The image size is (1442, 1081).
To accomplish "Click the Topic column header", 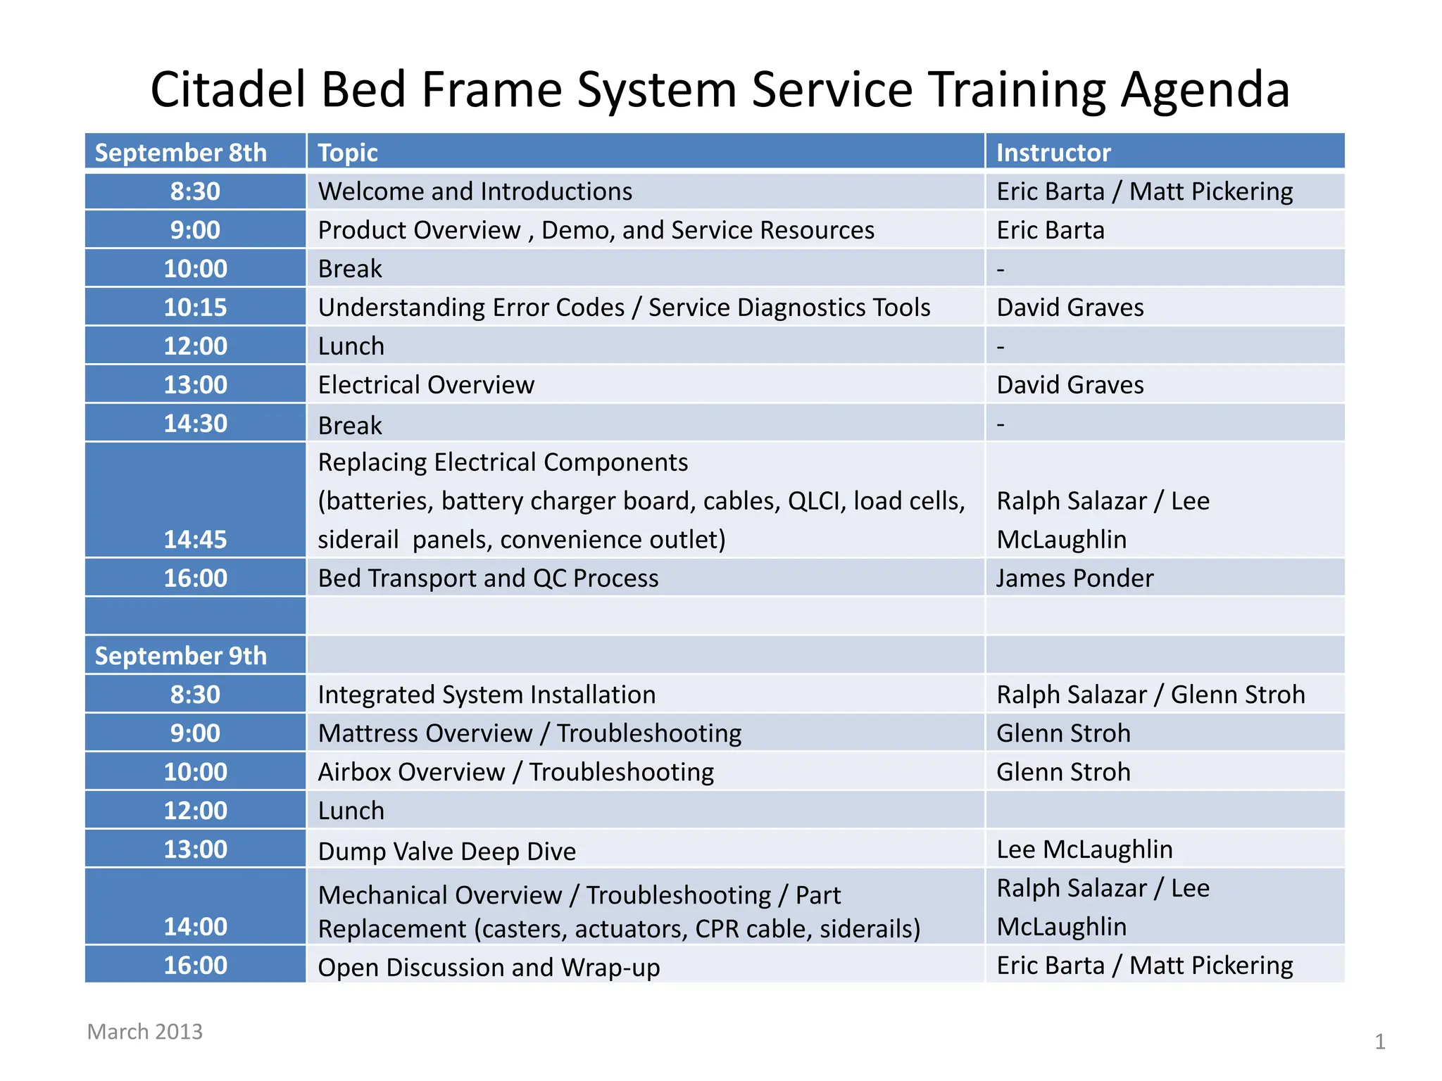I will [x=348, y=153].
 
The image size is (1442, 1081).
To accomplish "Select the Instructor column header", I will [x=1053, y=153].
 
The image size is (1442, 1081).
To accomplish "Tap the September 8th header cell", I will [x=181, y=153].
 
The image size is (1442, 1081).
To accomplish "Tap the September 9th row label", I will [x=181, y=656].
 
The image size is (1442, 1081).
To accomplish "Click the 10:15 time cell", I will [x=195, y=308].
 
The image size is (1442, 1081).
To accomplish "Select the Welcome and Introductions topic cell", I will [x=475, y=191].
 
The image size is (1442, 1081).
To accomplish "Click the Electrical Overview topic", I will [x=426, y=385].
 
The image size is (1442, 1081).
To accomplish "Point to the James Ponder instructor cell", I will [x=1074, y=579].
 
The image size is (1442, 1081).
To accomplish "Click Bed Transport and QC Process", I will [x=488, y=579].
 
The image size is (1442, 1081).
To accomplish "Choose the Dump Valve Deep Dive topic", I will [x=446, y=852].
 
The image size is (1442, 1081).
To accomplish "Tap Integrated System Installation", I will [x=487, y=695].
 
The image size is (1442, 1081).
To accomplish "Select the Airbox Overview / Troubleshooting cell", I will [x=515, y=772].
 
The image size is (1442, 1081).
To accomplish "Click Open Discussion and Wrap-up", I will [x=489, y=968].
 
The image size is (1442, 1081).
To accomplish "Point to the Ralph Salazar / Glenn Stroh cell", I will [x=1151, y=695].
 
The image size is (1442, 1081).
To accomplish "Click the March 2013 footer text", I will [x=144, y=1032].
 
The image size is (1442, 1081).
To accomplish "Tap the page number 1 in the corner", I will [x=1379, y=1042].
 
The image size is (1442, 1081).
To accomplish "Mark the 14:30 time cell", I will [x=195, y=424].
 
